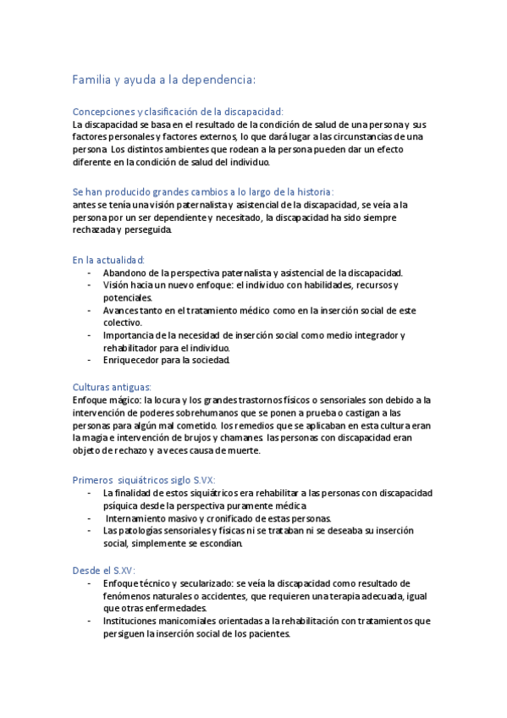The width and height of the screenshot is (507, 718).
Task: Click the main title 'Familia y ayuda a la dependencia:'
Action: (x=164, y=80)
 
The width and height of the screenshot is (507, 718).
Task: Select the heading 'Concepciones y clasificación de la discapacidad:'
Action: (x=179, y=111)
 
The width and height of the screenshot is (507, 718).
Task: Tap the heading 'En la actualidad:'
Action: (x=109, y=260)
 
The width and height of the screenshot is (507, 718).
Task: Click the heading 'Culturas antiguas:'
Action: (x=113, y=386)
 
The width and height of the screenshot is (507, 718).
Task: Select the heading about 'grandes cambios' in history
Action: (x=203, y=192)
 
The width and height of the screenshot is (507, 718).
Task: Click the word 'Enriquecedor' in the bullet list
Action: (x=131, y=360)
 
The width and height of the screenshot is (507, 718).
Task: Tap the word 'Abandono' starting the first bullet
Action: (x=125, y=273)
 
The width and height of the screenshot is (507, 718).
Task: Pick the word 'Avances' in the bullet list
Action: (x=122, y=310)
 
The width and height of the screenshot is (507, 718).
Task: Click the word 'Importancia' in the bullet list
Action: (x=129, y=335)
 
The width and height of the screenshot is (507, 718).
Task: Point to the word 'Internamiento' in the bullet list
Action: (x=138, y=518)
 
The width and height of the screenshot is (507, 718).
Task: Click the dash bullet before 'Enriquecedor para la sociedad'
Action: (x=90, y=360)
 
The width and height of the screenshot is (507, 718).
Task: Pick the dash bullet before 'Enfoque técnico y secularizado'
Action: (x=90, y=583)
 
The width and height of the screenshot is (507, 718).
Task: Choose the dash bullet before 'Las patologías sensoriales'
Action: (x=90, y=531)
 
